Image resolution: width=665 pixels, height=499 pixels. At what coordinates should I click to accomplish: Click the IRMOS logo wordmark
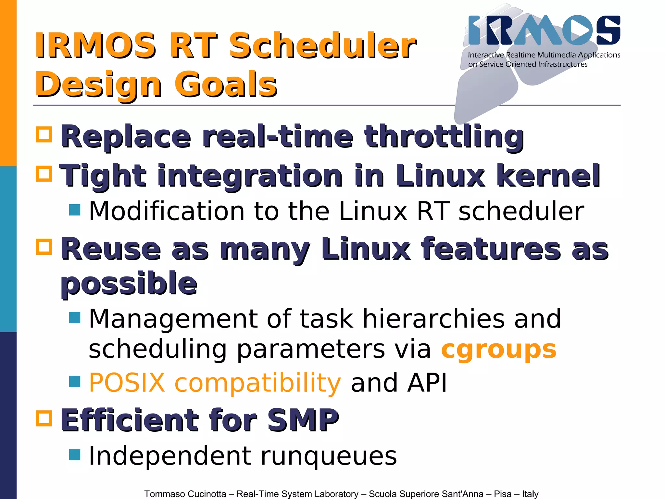544,30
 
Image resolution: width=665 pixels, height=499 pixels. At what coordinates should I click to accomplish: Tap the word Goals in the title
226,85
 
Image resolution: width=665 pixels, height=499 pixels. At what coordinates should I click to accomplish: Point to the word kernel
548,175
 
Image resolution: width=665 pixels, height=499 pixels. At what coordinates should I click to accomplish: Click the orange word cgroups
499,350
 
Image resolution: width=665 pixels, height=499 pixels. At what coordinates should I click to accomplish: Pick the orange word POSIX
127,383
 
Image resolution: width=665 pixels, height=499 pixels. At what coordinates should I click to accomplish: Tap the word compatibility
257,383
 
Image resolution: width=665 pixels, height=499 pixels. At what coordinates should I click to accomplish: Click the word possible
129,284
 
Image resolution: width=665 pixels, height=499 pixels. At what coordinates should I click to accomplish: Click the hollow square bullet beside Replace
44,134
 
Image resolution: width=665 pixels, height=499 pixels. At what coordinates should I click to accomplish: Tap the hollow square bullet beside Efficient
44,418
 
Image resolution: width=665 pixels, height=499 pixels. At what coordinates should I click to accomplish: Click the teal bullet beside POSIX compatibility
75,382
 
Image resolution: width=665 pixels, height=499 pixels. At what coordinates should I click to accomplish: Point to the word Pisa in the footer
503,494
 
